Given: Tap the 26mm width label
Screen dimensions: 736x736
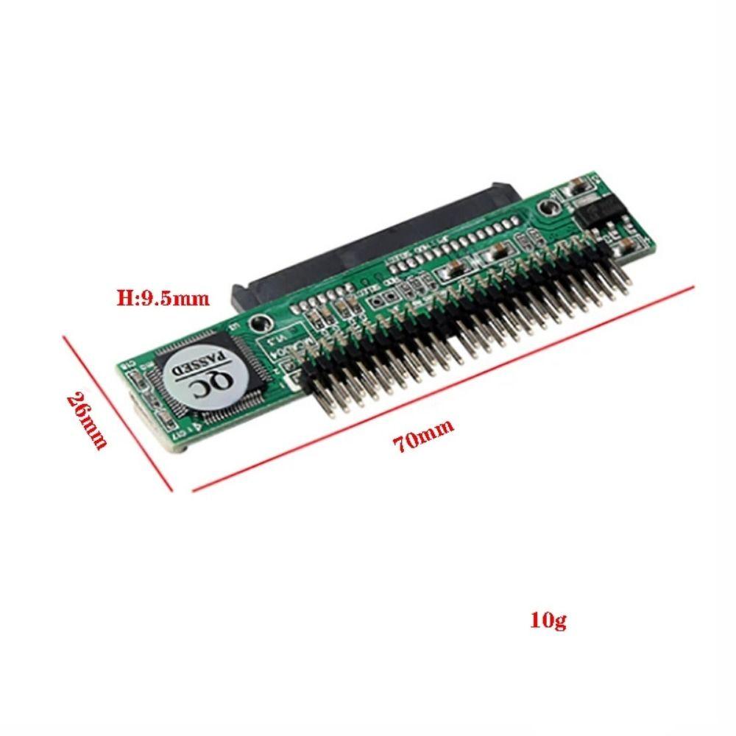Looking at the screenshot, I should tap(88, 420).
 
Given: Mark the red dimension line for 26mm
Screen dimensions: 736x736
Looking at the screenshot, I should tap(118, 412).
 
